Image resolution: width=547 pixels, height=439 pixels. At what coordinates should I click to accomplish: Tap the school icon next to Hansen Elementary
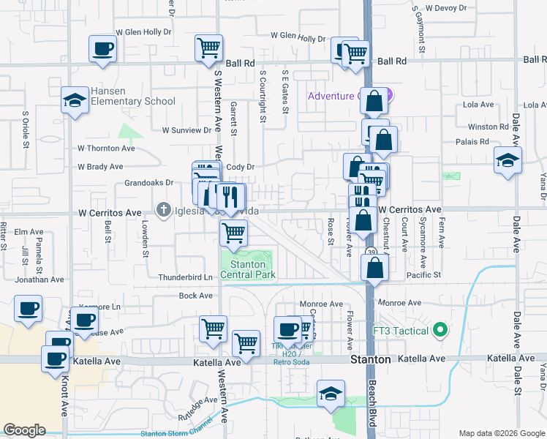point(75,101)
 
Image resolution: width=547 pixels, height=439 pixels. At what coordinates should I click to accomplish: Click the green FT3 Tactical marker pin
point(440,331)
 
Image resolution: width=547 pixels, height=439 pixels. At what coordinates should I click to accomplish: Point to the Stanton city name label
point(370,360)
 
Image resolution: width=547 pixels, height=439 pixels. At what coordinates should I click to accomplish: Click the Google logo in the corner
point(24,430)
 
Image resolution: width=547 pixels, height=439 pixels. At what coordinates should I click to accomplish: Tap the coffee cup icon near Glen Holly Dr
point(102,50)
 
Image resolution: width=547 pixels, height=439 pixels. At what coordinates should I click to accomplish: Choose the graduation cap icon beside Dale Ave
point(508,160)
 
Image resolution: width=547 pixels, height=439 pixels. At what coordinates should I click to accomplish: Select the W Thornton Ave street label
point(107,148)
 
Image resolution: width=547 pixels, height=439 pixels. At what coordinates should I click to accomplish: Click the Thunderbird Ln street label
point(185,277)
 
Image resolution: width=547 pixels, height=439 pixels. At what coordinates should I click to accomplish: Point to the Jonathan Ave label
point(39,279)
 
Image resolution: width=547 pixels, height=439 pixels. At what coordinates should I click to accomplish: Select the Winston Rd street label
point(488,127)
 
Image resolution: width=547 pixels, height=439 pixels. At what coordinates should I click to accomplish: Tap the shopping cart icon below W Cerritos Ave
point(233,233)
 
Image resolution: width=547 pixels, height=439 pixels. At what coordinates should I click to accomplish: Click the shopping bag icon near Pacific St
point(374,267)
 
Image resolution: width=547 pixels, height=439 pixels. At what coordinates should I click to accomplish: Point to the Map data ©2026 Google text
point(502,433)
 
